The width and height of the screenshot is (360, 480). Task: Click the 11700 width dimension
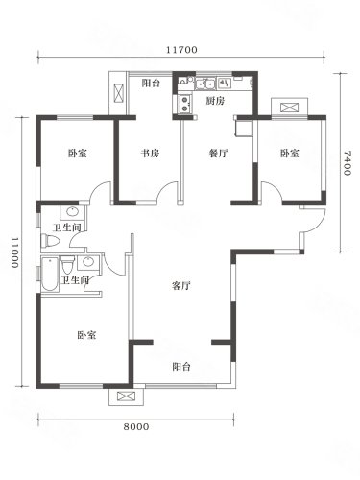click(181, 50)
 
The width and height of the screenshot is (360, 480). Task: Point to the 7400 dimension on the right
click(347, 163)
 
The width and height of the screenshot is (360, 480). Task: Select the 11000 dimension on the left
click(15, 252)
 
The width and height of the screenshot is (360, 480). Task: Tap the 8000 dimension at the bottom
click(136, 426)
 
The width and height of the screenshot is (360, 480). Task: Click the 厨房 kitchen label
click(215, 101)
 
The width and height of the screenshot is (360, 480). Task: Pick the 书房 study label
click(150, 154)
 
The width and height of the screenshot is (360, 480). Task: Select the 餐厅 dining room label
click(218, 154)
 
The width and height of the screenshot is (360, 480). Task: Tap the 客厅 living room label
click(181, 285)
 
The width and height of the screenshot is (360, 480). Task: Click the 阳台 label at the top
click(151, 84)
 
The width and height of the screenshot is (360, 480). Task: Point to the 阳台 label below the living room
click(181, 367)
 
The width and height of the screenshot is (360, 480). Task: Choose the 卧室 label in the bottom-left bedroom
click(86, 335)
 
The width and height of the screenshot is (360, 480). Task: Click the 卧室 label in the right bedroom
click(290, 154)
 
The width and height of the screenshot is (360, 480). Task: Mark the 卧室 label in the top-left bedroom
click(78, 154)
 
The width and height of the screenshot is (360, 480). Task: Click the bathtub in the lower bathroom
click(50, 274)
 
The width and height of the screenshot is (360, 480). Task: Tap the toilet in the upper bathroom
click(50, 241)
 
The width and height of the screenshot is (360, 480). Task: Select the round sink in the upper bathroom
click(72, 211)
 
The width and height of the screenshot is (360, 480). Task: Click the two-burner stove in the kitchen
click(185, 104)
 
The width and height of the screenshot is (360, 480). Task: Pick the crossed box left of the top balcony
click(118, 92)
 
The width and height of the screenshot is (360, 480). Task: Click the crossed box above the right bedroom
click(290, 108)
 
